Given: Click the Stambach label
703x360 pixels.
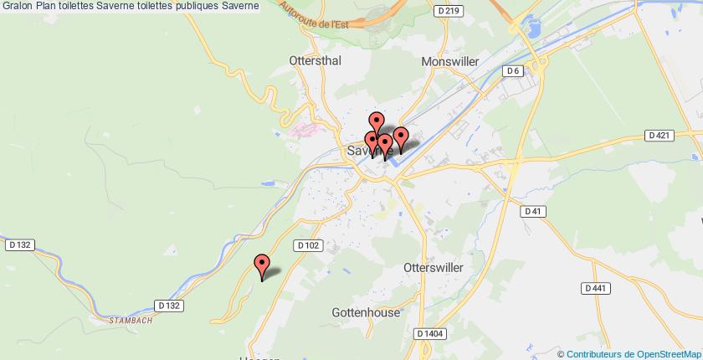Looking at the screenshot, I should (x=130, y=319).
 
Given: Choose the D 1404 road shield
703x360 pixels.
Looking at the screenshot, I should (x=429, y=333).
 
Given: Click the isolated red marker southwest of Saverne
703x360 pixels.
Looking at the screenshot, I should (x=262, y=265).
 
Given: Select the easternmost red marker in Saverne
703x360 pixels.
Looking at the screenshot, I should (x=400, y=137).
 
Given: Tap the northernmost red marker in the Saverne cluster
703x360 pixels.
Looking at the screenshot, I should (x=377, y=123).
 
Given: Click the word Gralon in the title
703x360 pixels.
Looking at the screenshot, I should (x=17, y=6).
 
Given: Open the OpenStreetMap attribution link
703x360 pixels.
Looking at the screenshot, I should (x=660, y=354).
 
